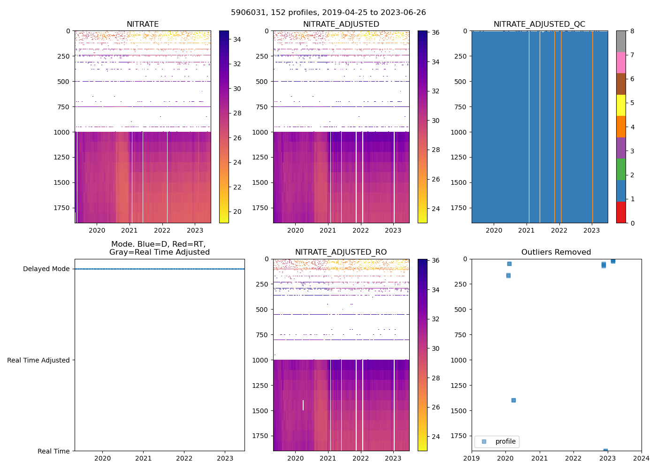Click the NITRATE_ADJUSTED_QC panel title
pos(539,24)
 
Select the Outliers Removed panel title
pos(556,252)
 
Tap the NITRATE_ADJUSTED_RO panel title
pos(341,252)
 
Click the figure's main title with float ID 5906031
pos(328,13)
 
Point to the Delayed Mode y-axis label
pos(46,269)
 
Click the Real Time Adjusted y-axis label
pos(38,360)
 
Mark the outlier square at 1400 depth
pos(513,400)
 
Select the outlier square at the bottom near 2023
pos(605,451)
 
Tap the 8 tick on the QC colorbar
pos(632,31)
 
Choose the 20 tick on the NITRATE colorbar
pos(237,212)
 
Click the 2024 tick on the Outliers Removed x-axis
pos(641,458)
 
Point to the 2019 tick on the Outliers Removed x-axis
pos(472,458)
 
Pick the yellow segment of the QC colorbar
pos(621,105)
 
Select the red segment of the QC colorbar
pos(621,212)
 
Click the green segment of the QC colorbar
pos(621,169)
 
